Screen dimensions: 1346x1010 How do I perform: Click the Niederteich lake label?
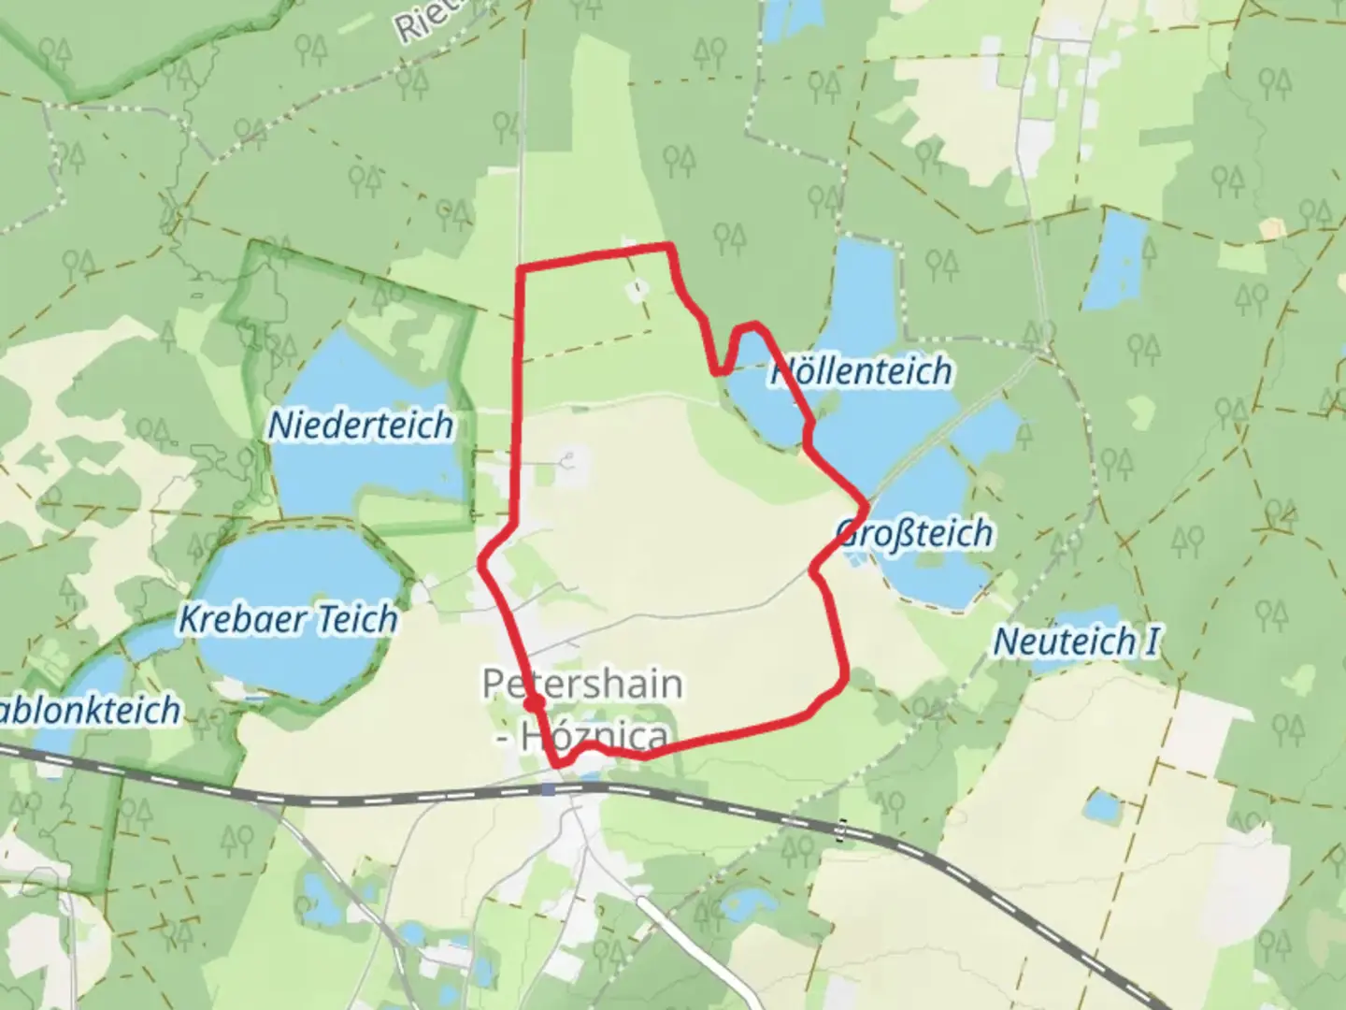point(361,426)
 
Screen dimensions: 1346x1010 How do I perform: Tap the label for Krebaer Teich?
point(288,619)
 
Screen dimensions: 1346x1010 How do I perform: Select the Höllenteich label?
point(861,371)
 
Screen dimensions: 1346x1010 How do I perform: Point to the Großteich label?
point(914,534)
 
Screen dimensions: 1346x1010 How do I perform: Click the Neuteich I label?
point(1076,642)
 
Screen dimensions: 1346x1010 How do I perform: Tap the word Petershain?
point(581,684)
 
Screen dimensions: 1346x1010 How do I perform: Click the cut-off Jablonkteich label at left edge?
point(89,710)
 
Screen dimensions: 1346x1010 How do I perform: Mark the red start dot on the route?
point(534,702)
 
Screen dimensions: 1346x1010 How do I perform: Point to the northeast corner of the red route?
point(669,247)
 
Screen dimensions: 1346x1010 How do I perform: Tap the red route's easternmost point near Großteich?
point(866,506)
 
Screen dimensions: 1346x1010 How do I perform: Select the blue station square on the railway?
point(548,789)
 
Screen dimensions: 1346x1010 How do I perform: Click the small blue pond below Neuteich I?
point(1103,804)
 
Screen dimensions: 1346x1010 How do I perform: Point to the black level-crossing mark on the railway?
point(842,829)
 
